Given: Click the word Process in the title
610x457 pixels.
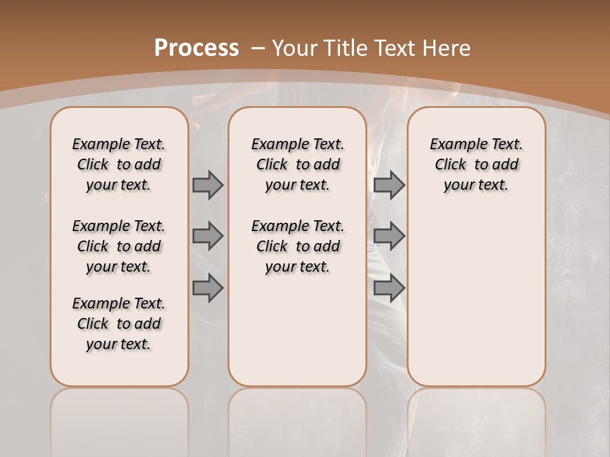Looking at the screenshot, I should [196, 48].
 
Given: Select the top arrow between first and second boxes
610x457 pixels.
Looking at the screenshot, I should [208, 185].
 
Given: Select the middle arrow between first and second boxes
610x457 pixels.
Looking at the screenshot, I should [208, 236].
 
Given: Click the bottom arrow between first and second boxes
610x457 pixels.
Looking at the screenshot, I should [208, 288].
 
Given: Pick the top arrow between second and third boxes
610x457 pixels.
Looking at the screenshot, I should [389, 185].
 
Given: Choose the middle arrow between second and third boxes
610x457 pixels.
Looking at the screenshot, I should [389, 236].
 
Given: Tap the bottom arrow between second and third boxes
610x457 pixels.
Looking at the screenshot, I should [389, 288].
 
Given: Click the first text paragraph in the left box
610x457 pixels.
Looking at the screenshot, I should [119, 164].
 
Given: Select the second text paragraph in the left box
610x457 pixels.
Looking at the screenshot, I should [119, 246].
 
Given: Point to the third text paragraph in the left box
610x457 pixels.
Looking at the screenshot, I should [119, 324].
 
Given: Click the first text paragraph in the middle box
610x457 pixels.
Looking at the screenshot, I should [297, 164].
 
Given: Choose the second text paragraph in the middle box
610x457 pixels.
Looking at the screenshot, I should [297, 246].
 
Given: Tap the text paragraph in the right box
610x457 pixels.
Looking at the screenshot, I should [476, 164].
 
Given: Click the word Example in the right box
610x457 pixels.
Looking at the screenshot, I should [454, 145].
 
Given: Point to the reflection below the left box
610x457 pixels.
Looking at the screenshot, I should [119, 419].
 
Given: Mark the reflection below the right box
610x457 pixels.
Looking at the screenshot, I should [476, 419].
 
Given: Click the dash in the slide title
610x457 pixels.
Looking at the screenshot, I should [258, 48].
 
